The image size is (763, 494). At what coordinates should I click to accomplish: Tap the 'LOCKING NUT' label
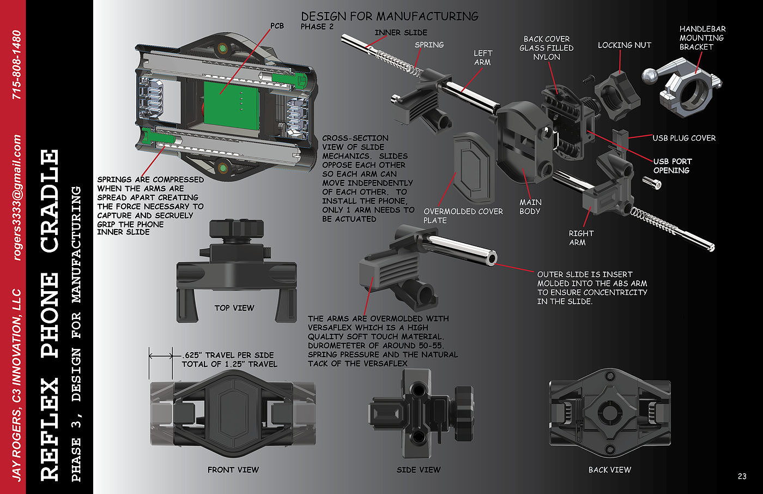625,45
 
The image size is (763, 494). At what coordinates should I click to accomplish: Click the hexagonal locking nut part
617,94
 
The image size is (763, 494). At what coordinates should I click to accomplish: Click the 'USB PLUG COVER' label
684,138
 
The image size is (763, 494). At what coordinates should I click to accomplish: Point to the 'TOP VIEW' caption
234,308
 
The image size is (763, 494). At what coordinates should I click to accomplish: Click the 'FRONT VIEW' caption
233,470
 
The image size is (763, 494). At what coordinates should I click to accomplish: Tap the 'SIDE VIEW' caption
419,470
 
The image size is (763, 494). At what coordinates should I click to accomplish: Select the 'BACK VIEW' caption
610,470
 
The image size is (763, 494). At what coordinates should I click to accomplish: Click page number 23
742,477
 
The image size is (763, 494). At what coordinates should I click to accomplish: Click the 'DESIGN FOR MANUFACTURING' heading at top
390,16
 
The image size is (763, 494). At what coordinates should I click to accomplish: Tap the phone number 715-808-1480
17,65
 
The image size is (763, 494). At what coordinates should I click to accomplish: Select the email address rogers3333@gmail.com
17,197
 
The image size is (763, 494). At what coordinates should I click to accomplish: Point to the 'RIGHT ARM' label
581,238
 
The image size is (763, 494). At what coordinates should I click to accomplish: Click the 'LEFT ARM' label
483,58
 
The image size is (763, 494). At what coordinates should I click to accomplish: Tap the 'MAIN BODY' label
530,207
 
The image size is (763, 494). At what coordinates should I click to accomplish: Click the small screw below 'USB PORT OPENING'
652,183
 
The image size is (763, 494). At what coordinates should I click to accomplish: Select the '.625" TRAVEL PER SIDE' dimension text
228,355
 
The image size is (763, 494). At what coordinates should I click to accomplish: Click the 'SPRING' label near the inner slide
429,45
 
